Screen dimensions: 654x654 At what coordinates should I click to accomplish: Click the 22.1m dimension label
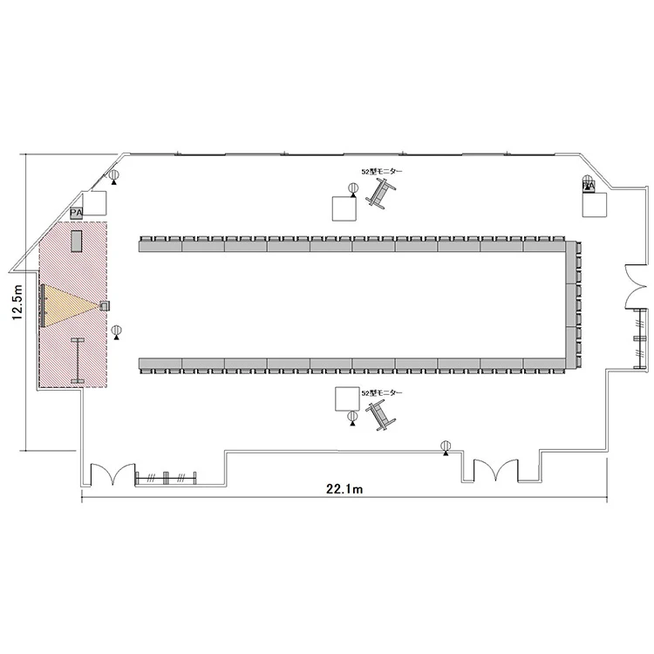[x=344, y=489]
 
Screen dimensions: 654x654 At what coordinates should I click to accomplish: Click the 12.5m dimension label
[x=17, y=303]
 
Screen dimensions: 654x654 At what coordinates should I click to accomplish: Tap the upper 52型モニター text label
[x=381, y=172]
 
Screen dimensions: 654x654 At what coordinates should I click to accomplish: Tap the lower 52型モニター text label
[x=381, y=393]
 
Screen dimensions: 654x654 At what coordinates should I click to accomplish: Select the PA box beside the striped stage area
[x=77, y=213]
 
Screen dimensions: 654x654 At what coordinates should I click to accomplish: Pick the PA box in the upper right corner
[x=589, y=185]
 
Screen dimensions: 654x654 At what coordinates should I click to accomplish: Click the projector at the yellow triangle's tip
[x=104, y=306]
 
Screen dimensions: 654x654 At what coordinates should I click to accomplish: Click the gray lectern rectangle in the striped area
[x=77, y=241]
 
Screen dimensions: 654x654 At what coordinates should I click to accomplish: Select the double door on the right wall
[x=636, y=287]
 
